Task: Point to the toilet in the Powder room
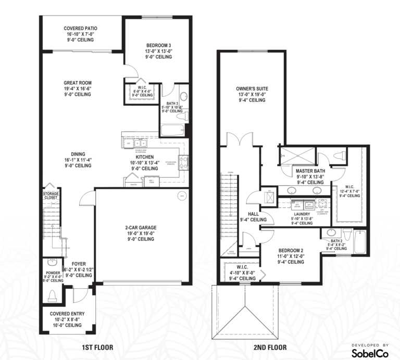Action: (x=52, y=295)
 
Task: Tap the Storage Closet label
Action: (x=51, y=196)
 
